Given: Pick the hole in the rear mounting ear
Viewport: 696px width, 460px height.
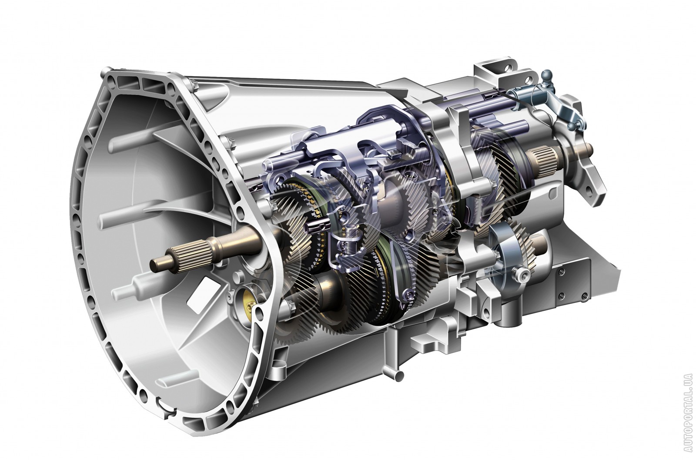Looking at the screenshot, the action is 589,190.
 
